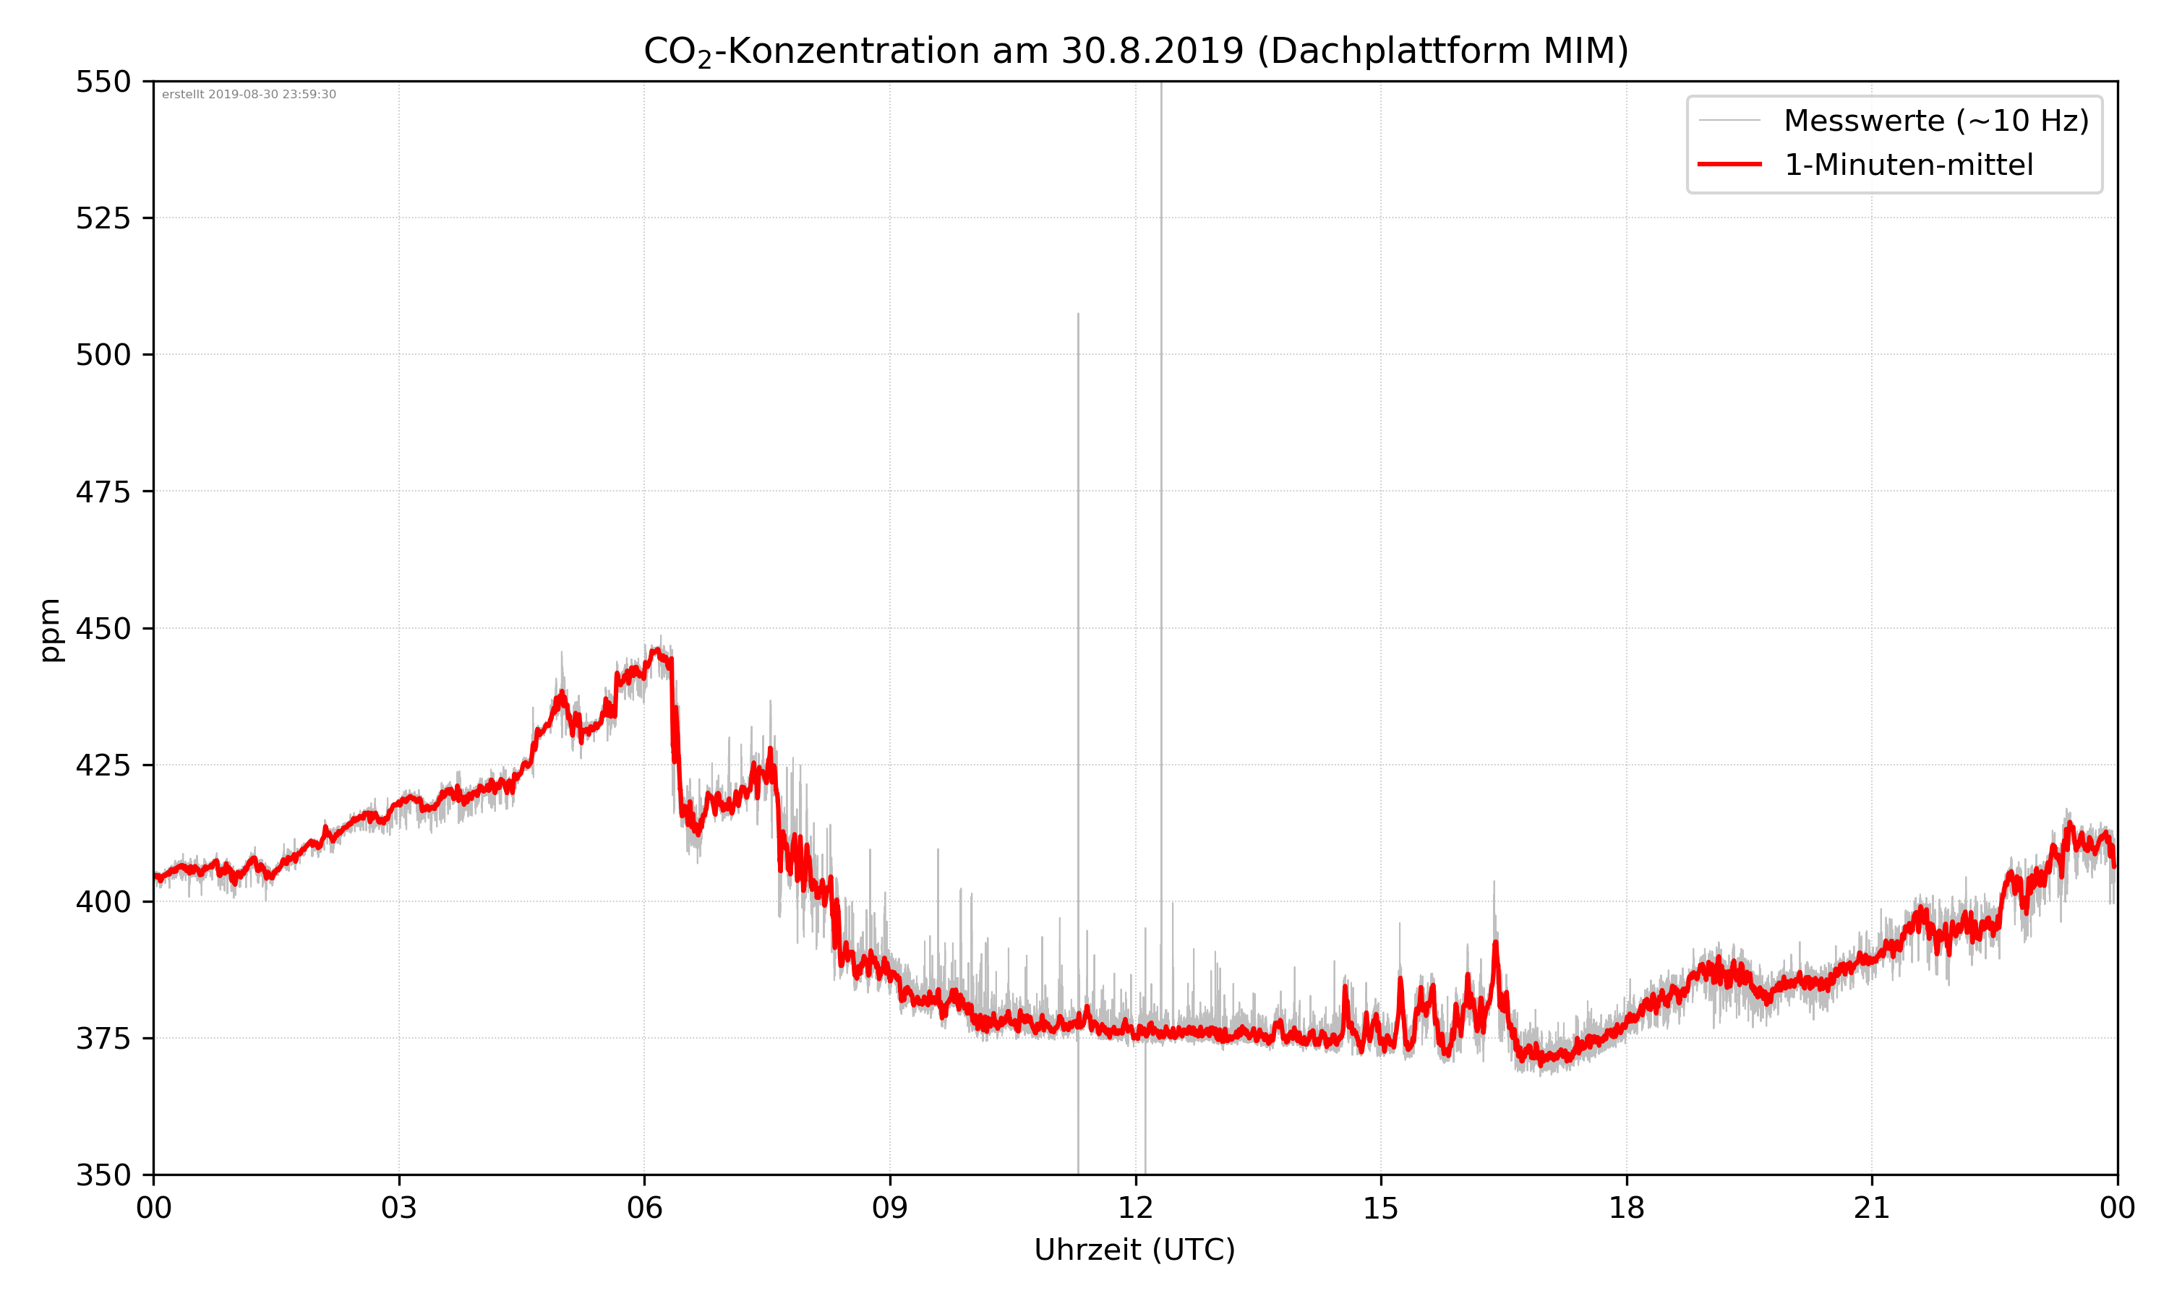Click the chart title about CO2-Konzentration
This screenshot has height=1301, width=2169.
click(x=1135, y=51)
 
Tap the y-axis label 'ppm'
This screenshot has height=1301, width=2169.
click(x=50, y=630)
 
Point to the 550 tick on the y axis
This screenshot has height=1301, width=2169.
click(x=103, y=82)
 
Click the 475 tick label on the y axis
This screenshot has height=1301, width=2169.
click(x=103, y=491)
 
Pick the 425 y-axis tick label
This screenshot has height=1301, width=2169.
click(x=103, y=765)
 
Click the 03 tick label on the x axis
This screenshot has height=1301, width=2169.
click(x=399, y=1208)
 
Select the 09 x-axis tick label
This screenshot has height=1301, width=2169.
click(x=890, y=1208)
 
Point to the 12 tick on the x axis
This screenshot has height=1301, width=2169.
click(x=1135, y=1208)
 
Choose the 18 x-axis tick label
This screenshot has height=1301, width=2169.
click(x=1626, y=1208)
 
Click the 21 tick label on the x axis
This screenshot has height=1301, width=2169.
click(x=1872, y=1208)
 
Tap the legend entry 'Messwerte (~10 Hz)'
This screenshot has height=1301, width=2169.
click(x=1935, y=121)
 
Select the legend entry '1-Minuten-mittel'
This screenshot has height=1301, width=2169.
click(x=1908, y=165)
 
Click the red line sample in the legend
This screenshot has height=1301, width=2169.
click(x=1729, y=165)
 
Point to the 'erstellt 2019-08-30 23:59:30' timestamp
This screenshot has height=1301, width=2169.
click(x=249, y=95)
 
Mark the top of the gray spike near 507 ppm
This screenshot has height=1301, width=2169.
click(x=1079, y=314)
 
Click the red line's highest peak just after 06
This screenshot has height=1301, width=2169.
click(x=656, y=650)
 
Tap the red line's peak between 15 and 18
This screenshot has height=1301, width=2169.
click(x=1496, y=943)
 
